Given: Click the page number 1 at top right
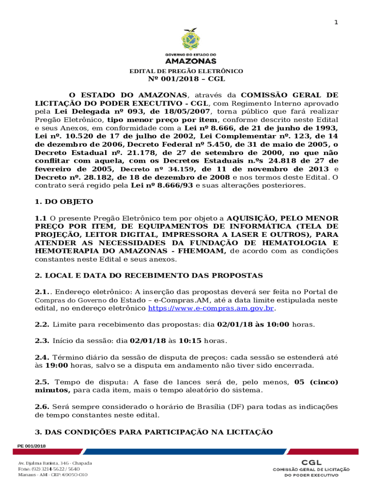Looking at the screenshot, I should (x=337, y=23).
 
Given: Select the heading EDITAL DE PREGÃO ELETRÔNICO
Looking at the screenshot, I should (x=186, y=71).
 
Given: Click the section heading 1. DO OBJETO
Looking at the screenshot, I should (x=64, y=201).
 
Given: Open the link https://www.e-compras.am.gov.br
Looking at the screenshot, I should (x=211, y=308).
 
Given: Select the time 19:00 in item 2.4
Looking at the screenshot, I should (x=56, y=366).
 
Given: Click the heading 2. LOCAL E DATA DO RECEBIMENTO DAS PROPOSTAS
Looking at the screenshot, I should (x=149, y=276).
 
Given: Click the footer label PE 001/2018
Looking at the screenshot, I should (x=31, y=446).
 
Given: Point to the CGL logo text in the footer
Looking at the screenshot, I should (x=311, y=463).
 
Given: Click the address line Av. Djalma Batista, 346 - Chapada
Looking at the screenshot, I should (x=55, y=463).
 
